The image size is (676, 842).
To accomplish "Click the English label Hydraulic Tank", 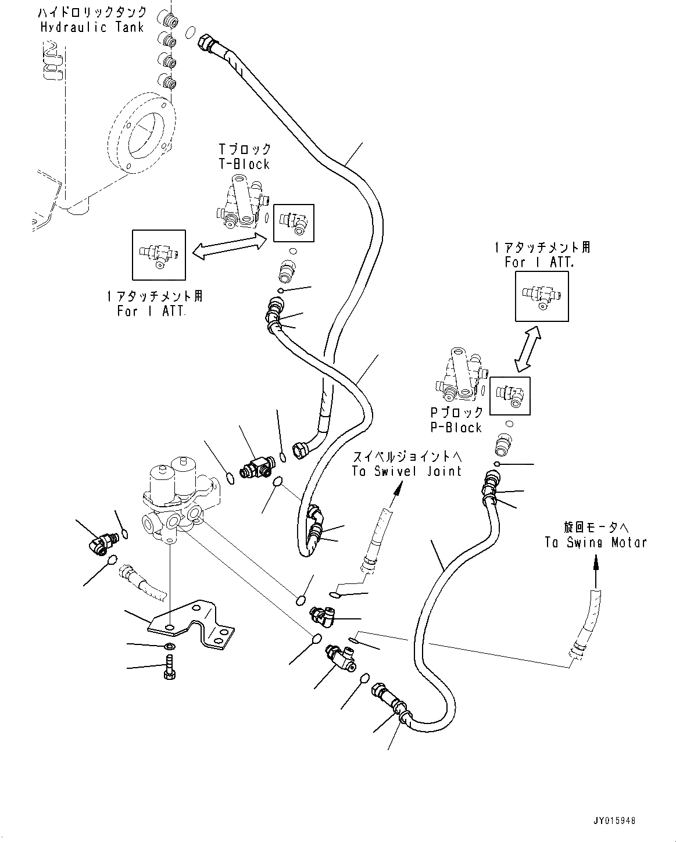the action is pyautogui.click(x=92, y=27).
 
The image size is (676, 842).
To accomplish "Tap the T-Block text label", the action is pyautogui.click(x=244, y=164).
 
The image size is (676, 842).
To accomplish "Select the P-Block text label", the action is pyautogui.click(x=456, y=428).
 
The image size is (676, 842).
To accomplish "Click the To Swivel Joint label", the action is pyautogui.click(x=407, y=471).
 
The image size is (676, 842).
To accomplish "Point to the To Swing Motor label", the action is pyautogui.click(x=596, y=542).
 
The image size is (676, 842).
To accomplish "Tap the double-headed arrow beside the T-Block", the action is pyautogui.click(x=230, y=246).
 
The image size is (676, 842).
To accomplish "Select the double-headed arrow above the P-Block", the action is pyautogui.click(x=528, y=349).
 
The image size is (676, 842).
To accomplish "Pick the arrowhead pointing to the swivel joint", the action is pyautogui.click(x=399, y=489).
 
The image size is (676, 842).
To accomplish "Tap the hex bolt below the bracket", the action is pyautogui.click(x=170, y=668).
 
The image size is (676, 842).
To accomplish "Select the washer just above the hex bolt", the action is pyautogui.click(x=170, y=646).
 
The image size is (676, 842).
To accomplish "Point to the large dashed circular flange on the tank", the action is pyautogui.click(x=141, y=132).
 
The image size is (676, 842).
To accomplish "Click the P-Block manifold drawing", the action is pyautogui.click(x=461, y=375).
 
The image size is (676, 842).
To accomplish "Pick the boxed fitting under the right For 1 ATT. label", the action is pyautogui.click(x=542, y=296).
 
